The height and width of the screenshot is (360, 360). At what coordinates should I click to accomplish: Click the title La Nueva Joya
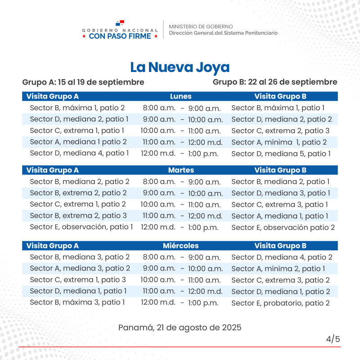(x=180, y=67)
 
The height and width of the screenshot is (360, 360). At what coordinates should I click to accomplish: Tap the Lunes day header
(x=180, y=96)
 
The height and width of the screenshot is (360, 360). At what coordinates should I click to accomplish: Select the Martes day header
(x=181, y=171)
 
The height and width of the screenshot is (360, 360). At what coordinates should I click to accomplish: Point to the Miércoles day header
(x=180, y=246)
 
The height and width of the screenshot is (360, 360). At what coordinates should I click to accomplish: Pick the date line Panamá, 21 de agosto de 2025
(x=180, y=328)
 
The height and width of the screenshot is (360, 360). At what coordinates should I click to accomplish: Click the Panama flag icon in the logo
(x=120, y=22)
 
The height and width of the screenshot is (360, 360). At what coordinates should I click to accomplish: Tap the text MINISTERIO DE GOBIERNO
(x=201, y=27)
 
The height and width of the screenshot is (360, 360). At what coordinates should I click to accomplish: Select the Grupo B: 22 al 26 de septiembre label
(x=275, y=82)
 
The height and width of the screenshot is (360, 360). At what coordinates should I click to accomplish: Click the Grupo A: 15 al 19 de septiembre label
(x=83, y=82)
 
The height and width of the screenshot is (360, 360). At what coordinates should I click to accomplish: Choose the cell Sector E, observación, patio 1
(x=81, y=227)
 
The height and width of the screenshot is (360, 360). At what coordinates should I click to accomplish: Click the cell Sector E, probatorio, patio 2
(x=280, y=303)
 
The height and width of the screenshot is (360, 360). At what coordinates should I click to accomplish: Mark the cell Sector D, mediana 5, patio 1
(x=281, y=153)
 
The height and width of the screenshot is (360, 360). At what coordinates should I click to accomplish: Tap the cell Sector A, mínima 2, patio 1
(x=278, y=269)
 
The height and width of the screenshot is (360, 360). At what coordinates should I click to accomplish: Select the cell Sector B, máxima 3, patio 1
(x=77, y=302)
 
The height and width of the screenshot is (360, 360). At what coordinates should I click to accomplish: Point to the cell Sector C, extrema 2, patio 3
(x=280, y=131)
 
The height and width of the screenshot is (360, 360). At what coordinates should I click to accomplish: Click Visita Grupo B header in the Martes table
(x=280, y=171)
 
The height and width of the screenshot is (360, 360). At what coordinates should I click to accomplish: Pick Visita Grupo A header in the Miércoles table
(x=53, y=246)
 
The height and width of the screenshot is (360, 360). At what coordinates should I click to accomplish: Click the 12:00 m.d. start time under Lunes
(x=158, y=153)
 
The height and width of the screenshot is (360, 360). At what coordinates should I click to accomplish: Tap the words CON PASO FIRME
(x=120, y=36)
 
